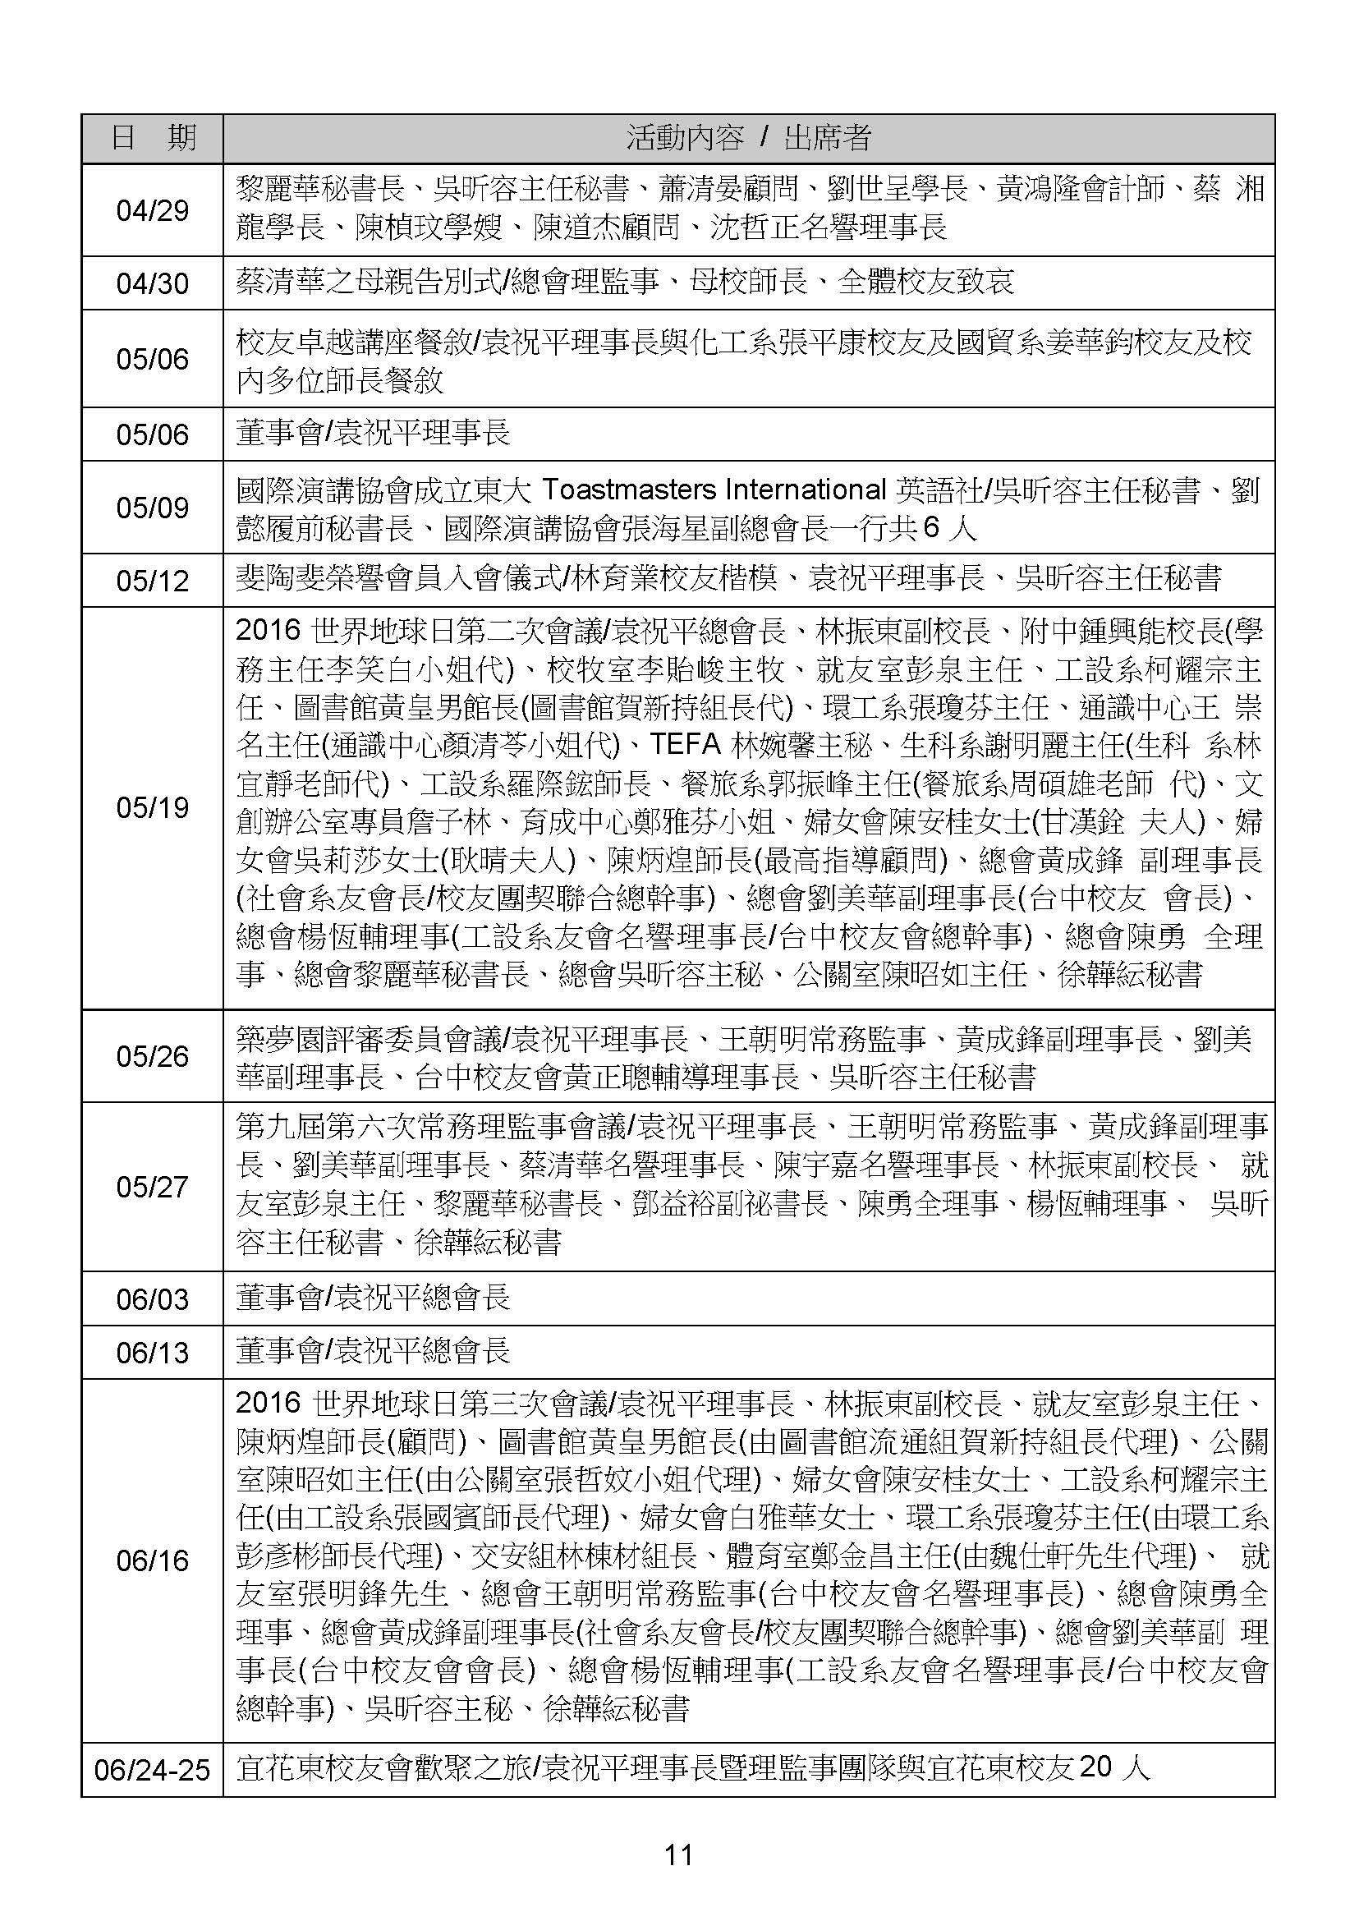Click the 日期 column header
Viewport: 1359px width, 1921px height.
[152, 138]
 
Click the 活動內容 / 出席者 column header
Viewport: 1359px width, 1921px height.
[748, 138]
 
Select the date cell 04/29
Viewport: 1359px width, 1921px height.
[152, 210]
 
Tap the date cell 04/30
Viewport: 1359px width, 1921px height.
[152, 283]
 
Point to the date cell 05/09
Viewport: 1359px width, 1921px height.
[152, 508]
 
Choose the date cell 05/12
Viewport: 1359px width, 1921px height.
[152, 580]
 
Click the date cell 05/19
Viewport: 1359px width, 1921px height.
[152, 808]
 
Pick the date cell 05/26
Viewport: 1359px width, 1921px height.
[152, 1056]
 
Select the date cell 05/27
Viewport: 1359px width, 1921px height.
[152, 1187]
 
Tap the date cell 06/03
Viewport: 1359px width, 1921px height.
[152, 1299]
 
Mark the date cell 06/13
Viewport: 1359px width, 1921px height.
[152, 1353]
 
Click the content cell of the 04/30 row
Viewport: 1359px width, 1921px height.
[748, 283]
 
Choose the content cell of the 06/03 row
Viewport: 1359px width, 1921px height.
[748, 1298]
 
